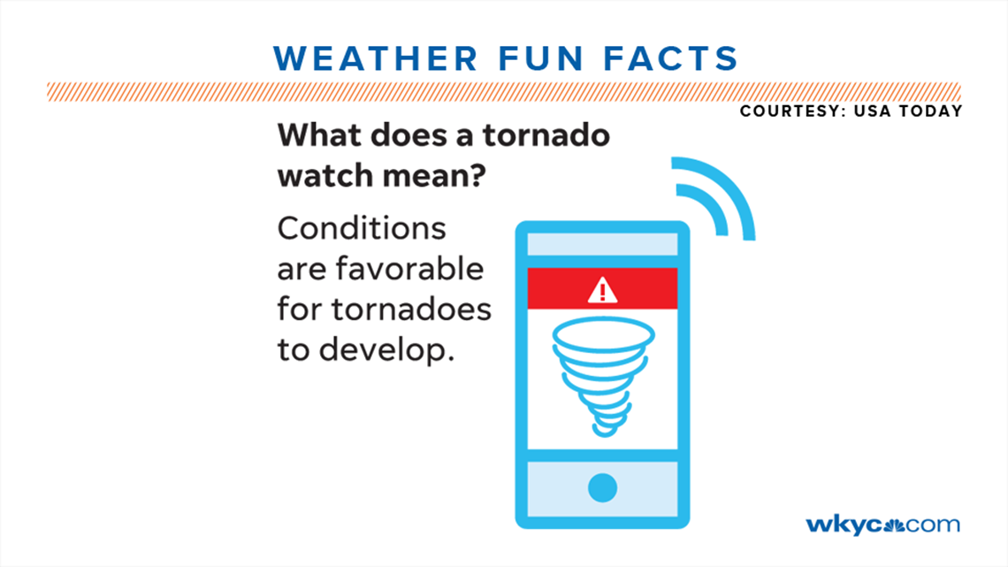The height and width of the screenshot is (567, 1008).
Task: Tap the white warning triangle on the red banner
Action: (602, 290)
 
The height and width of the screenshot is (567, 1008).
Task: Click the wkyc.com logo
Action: (882, 525)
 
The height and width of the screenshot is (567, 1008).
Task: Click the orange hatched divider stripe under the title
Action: (503, 91)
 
